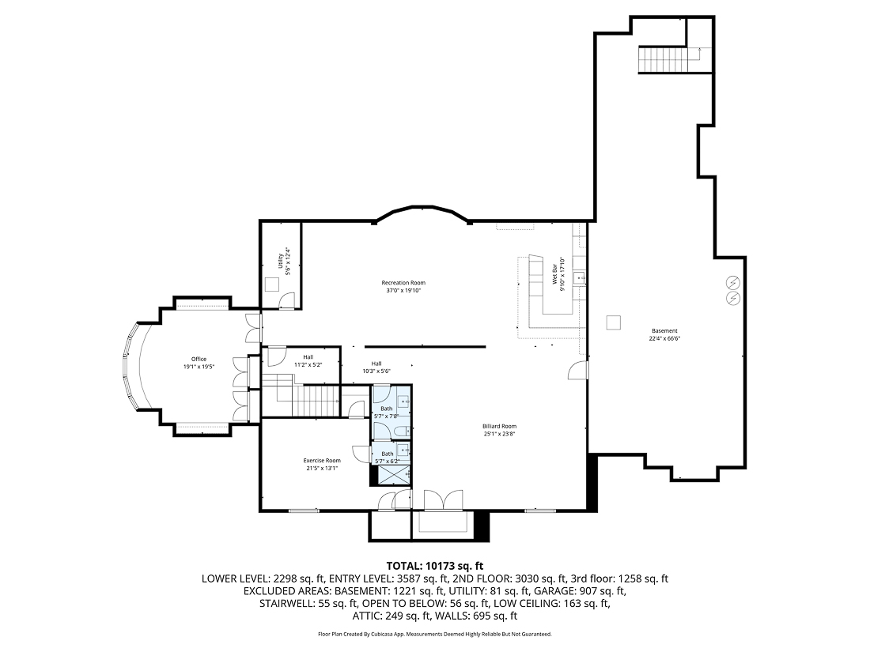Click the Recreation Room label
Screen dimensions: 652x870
point(403,282)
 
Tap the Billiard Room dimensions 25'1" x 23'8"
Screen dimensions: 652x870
point(499,433)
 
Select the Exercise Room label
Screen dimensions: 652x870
point(322,460)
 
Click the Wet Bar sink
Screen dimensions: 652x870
point(579,277)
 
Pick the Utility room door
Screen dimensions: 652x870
point(288,300)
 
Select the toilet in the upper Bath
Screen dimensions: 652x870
point(403,429)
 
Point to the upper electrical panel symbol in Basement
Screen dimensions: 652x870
point(733,282)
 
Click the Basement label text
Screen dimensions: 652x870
point(664,330)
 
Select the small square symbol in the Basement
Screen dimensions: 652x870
point(613,322)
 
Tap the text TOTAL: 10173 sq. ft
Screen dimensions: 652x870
point(434,565)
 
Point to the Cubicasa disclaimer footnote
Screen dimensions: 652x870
point(434,634)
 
